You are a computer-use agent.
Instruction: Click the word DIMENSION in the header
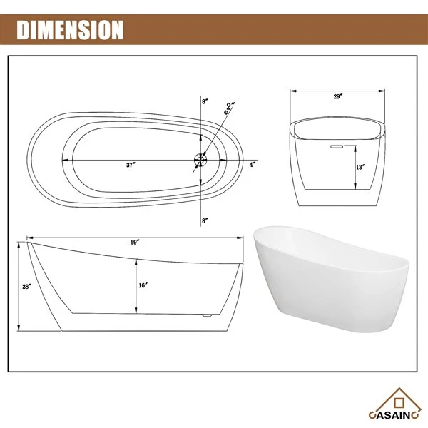point(70,30)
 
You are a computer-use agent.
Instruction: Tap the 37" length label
point(131,165)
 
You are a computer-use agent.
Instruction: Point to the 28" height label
point(27,287)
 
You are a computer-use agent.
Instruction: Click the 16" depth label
point(143,285)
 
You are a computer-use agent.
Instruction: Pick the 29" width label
point(337,96)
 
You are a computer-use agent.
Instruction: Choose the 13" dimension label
point(360,167)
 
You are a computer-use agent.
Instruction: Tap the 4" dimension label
point(253,165)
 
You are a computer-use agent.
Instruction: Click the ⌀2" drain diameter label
point(229,108)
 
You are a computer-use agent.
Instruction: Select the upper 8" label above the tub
point(205,101)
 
